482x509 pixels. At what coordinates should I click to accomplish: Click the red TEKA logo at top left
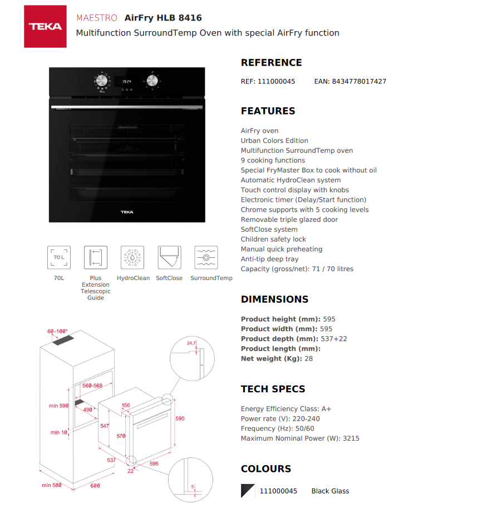pyautogui.click(x=45, y=26)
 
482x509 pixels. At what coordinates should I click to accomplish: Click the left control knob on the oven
pyautogui.click(x=101, y=81)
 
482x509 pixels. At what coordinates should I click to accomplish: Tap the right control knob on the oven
pyautogui.click(x=151, y=81)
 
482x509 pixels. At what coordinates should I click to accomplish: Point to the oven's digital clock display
pyautogui.click(x=127, y=81)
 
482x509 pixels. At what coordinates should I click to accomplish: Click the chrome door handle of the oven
pyautogui.click(x=127, y=107)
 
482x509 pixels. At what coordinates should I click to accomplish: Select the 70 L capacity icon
pyautogui.click(x=59, y=258)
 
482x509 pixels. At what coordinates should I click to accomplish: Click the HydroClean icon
pyautogui.click(x=132, y=258)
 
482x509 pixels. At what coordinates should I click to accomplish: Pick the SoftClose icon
pyautogui.click(x=169, y=258)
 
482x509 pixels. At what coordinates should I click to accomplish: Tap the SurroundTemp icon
pyautogui.click(x=206, y=258)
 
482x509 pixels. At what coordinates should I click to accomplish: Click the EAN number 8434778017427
pyautogui.click(x=359, y=81)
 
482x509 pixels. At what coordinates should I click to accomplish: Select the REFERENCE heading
pyautogui.click(x=271, y=63)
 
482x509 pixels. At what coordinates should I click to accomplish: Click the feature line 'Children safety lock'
pyautogui.click(x=273, y=239)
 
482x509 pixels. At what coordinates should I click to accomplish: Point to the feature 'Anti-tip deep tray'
pyautogui.click(x=269, y=259)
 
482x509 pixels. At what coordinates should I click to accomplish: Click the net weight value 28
pyautogui.click(x=308, y=358)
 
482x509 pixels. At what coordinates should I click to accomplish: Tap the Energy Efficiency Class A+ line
pyautogui.click(x=286, y=409)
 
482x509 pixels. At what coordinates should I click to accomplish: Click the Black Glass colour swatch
pyautogui.click(x=248, y=491)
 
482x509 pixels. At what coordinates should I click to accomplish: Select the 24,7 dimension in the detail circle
pyautogui.click(x=191, y=343)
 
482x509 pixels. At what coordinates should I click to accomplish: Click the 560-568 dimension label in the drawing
pyautogui.click(x=92, y=385)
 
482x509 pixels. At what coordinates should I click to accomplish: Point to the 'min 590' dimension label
pyautogui.click(x=58, y=406)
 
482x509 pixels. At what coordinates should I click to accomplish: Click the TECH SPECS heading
pyautogui.click(x=273, y=389)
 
